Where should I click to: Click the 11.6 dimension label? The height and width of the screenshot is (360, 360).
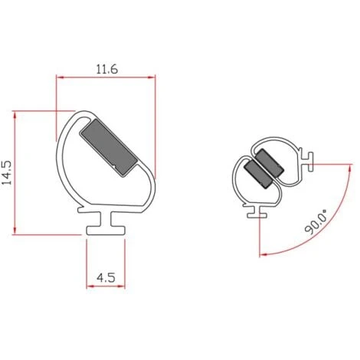pos(106,69)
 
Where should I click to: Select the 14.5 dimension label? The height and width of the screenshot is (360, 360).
pos(7,172)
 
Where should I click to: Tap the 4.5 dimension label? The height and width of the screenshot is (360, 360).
pos(106,277)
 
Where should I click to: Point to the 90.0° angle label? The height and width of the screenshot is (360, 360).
pos(316,221)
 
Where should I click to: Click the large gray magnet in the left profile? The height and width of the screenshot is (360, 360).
pos(109,148)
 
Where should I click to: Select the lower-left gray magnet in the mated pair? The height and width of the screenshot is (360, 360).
pos(258,175)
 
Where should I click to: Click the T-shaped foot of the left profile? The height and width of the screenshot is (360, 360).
pos(106,224)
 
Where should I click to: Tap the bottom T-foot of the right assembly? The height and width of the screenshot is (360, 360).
pos(257,212)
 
